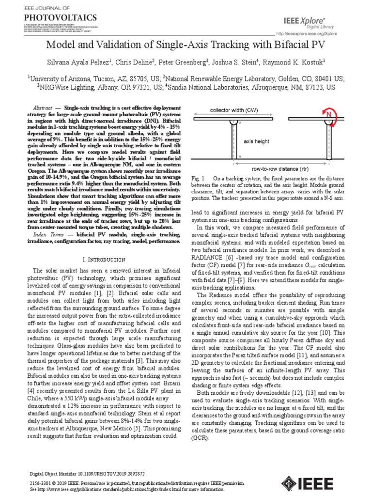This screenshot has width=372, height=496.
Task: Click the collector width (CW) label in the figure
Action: (233, 110)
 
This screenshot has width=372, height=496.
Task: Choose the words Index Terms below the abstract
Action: (45, 234)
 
